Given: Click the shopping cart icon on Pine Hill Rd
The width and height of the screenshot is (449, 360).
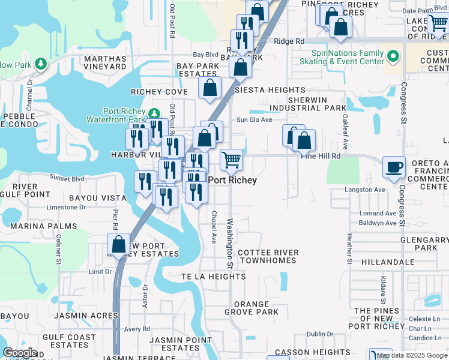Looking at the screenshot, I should (x=231, y=160).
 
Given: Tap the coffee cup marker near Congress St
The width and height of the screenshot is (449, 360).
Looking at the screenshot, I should (x=394, y=167).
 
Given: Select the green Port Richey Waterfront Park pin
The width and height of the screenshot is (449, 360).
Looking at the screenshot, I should (x=154, y=113).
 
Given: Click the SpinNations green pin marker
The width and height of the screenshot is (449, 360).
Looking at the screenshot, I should (x=393, y=58).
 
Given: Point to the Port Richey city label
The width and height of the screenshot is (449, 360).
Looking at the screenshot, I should (x=232, y=180).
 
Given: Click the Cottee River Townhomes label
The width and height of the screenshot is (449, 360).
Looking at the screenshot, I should (x=268, y=257).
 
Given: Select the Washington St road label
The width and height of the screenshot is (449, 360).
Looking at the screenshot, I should (x=229, y=243).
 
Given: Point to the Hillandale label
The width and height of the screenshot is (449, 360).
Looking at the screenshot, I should (x=388, y=263).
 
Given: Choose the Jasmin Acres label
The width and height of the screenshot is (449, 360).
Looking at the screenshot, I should (x=76, y=315).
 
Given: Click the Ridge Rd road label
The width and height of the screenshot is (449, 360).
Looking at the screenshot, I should (x=289, y=41).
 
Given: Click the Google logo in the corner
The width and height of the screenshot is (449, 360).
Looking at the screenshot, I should (x=20, y=353).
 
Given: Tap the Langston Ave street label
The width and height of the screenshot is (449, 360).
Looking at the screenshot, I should (x=364, y=190).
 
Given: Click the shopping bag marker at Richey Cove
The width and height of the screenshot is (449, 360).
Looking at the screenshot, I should (x=210, y=87).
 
